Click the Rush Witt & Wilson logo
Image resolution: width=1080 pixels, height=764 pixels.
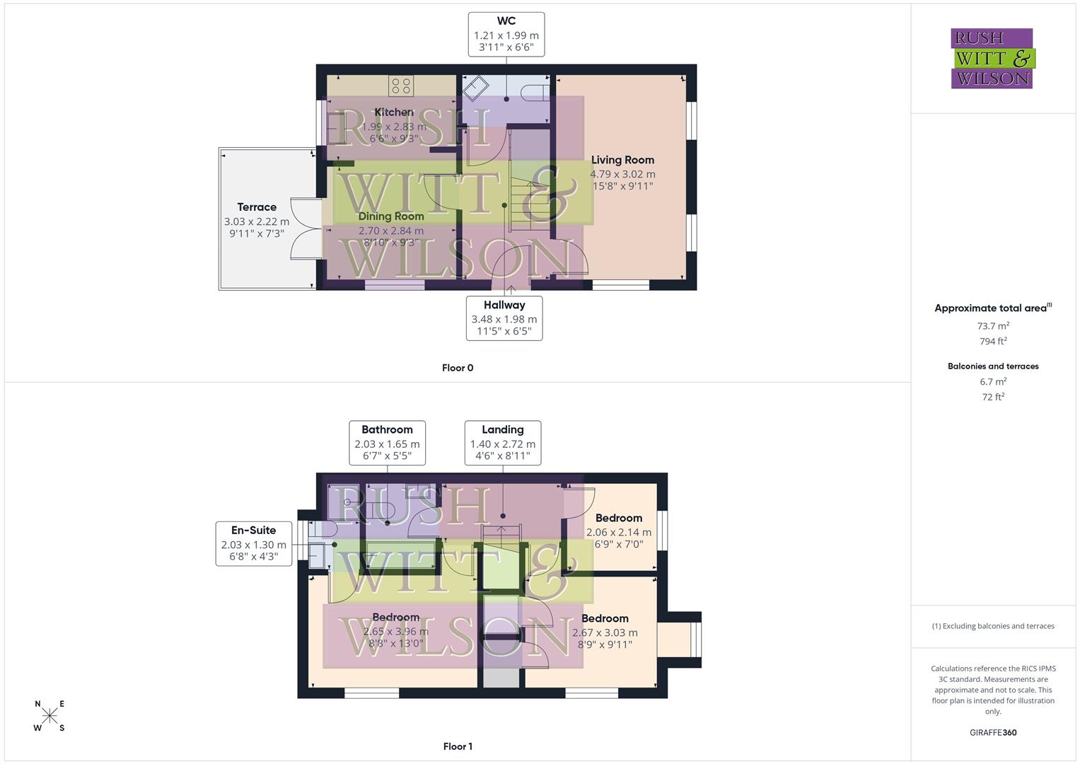pyautogui.click(x=992, y=59)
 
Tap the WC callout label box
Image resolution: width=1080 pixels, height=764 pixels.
pyautogui.click(x=506, y=35)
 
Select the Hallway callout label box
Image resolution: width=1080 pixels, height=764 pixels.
pyautogui.click(x=504, y=318)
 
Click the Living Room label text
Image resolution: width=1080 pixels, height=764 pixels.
pyautogui.click(x=622, y=160)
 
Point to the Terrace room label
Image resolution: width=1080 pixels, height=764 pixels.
pyautogui.click(x=257, y=207)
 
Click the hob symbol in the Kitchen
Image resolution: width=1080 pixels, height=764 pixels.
pyautogui.click(x=401, y=86)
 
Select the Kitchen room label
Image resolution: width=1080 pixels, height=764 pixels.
pyautogui.click(x=394, y=112)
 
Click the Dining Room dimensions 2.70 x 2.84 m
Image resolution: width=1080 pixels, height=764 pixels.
pyautogui.click(x=391, y=231)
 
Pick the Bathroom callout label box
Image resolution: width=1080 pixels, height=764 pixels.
pyautogui.click(x=387, y=444)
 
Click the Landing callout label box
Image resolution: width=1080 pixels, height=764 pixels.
pyautogui.click(x=502, y=444)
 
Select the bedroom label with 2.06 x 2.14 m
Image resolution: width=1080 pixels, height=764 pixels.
pyautogui.click(x=618, y=519)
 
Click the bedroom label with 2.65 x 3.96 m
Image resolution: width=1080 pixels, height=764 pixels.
pyautogui.click(x=395, y=618)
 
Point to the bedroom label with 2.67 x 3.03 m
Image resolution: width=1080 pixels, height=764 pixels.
pyautogui.click(x=605, y=619)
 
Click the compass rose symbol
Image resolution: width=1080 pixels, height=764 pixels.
pyautogui.click(x=50, y=716)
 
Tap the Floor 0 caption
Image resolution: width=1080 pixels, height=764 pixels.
pyautogui.click(x=458, y=368)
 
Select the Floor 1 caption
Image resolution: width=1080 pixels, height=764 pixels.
pyautogui.click(x=458, y=746)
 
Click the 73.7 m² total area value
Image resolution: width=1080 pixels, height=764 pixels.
pyautogui.click(x=993, y=326)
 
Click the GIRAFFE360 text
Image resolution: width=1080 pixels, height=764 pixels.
pyautogui.click(x=993, y=732)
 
